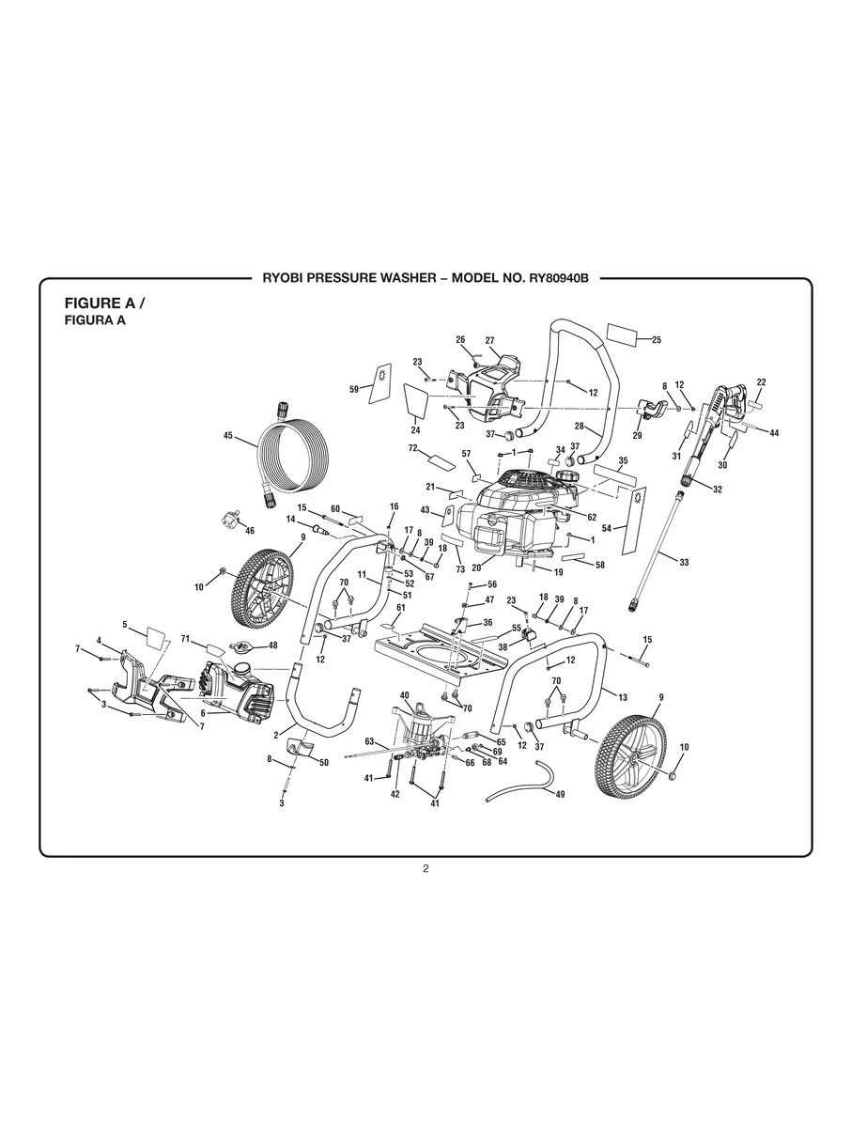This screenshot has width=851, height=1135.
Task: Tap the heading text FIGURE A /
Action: (x=104, y=303)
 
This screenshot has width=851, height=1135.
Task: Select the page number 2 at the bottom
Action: (x=425, y=868)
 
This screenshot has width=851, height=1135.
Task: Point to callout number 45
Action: (x=227, y=435)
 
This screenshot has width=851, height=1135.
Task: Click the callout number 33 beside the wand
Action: (x=684, y=562)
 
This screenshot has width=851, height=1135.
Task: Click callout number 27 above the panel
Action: (x=489, y=339)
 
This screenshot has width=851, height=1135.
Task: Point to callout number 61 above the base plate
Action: (x=400, y=608)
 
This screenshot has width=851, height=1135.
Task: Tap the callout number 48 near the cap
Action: (x=273, y=645)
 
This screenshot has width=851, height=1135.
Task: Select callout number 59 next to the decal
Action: (x=354, y=388)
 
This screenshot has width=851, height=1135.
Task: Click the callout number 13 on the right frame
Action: (x=622, y=696)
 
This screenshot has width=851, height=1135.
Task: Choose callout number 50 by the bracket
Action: (x=324, y=762)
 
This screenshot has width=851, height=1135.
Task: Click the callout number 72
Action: (x=411, y=448)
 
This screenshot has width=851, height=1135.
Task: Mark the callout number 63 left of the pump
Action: (x=369, y=741)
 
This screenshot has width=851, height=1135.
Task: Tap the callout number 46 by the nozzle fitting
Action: (x=249, y=531)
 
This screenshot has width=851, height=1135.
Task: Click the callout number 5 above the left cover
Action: (x=124, y=623)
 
